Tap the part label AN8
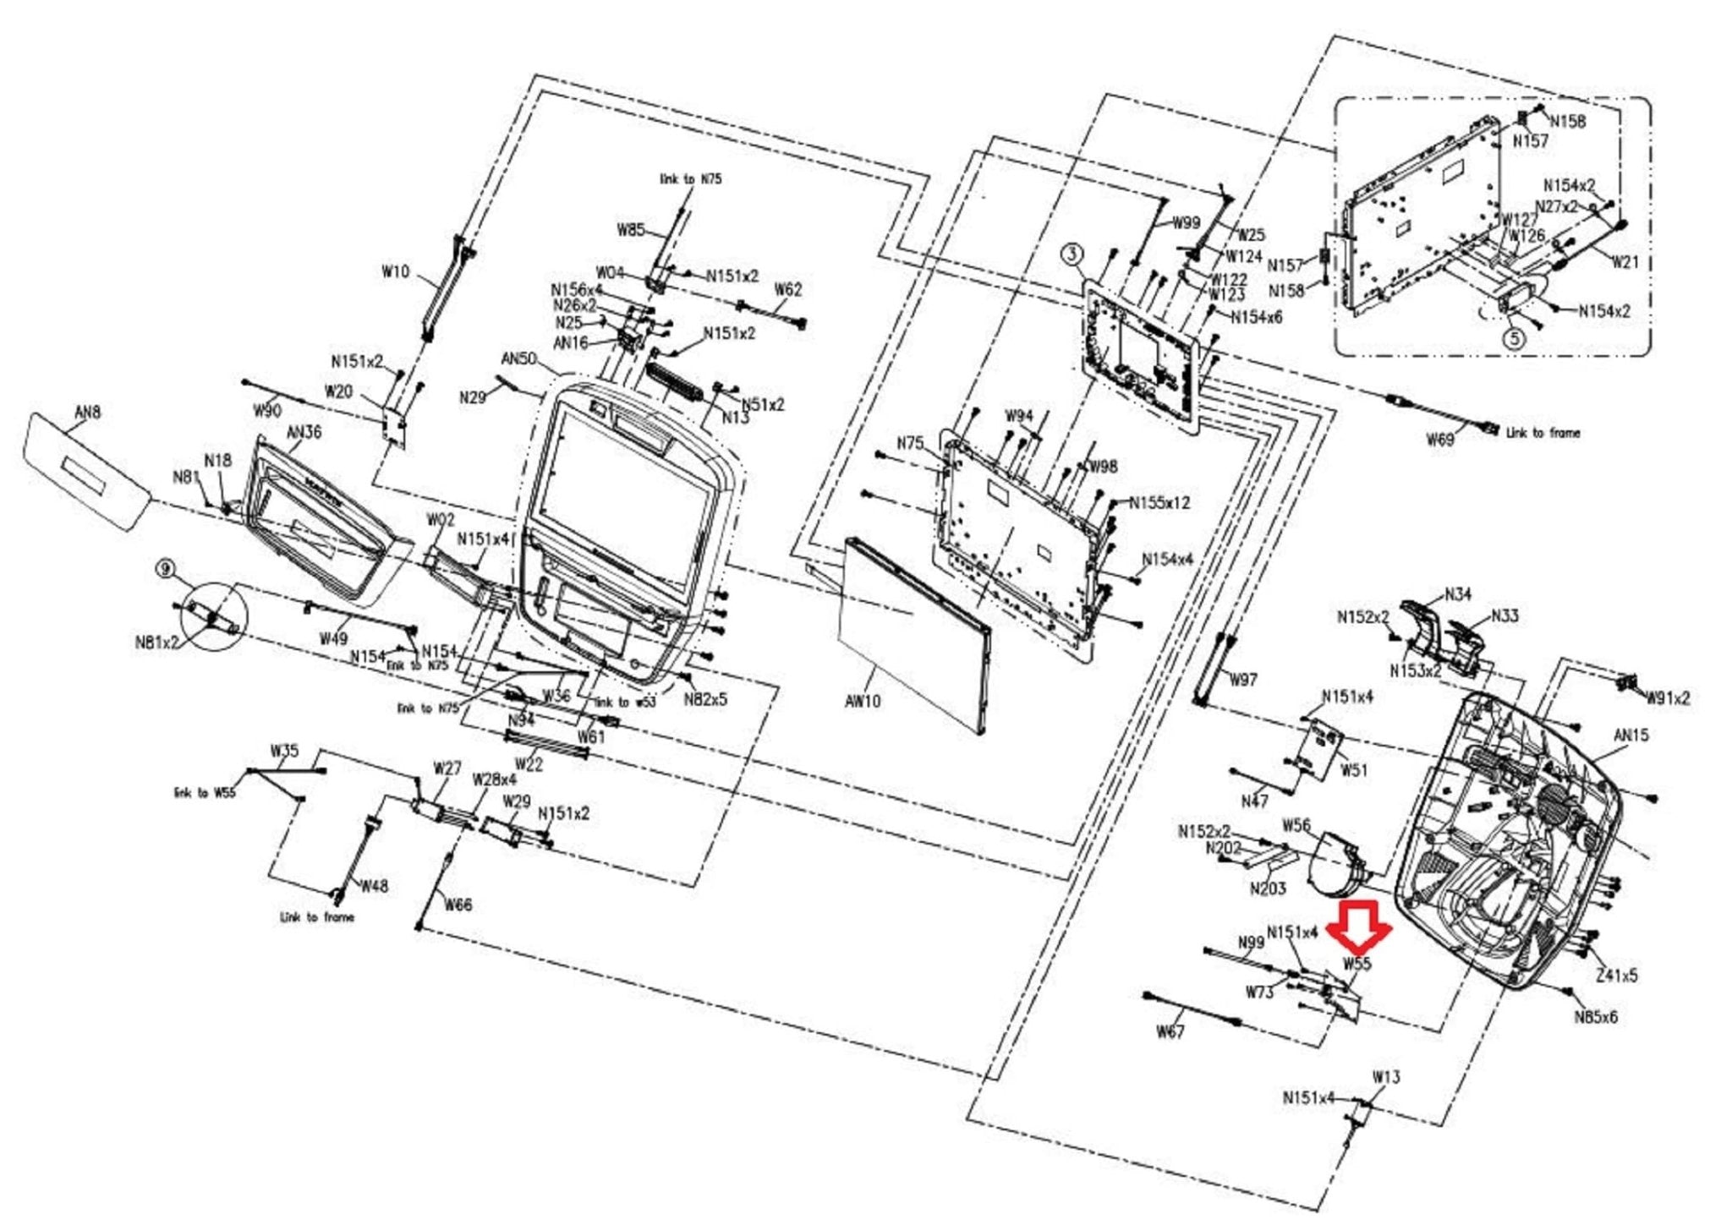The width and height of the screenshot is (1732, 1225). pyautogui.click(x=87, y=413)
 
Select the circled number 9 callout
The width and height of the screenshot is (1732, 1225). pyautogui.click(x=165, y=569)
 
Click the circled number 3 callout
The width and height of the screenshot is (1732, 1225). pyautogui.click(x=1072, y=254)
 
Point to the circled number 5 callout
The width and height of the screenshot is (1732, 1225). pyautogui.click(x=1514, y=338)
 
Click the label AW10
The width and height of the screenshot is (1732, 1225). pyautogui.click(x=863, y=701)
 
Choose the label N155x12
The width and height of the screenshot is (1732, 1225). pyautogui.click(x=1171, y=503)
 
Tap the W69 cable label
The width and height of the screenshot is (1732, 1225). pyautogui.click(x=1439, y=440)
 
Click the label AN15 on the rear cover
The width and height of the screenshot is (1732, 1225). pyautogui.click(x=1631, y=736)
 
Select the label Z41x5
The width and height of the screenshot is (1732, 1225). pyautogui.click(x=1616, y=976)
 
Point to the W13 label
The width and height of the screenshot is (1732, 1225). pyautogui.click(x=1385, y=1077)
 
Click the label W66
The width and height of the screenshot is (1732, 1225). pyautogui.click(x=458, y=905)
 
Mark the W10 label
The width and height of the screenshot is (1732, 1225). pyautogui.click(x=395, y=272)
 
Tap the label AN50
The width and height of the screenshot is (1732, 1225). pyautogui.click(x=518, y=358)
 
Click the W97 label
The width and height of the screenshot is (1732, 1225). pyautogui.click(x=1242, y=680)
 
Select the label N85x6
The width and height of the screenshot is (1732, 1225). pyautogui.click(x=1595, y=1017)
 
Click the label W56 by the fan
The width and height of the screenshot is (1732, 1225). pyautogui.click(x=1296, y=825)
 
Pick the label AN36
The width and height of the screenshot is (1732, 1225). pyautogui.click(x=304, y=432)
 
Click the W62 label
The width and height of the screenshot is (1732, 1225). pyautogui.click(x=787, y=290)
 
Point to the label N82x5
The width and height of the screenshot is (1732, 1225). pyautogui.click(x=705, y=699)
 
